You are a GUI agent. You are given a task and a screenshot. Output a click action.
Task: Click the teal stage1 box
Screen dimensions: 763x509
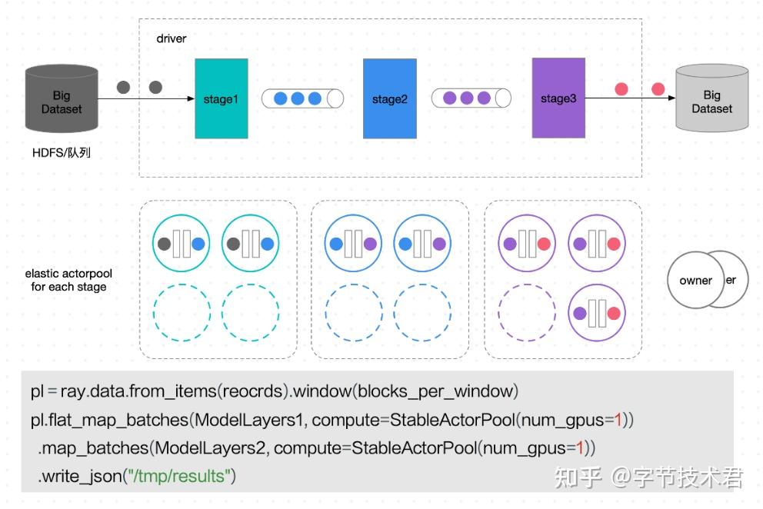click(x=222, y=98)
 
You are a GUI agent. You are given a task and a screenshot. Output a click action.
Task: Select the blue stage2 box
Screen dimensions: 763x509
click(x=390, y=98)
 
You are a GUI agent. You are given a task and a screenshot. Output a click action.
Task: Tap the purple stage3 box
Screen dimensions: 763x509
click(x=558, y=98)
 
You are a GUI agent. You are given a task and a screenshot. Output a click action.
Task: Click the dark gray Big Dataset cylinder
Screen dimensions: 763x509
click(x=62, y=98)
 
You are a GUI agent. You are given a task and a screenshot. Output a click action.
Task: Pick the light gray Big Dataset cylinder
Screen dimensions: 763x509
click(x=712, y=98)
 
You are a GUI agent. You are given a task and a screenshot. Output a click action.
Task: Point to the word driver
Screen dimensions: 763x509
click(x=172, y=38)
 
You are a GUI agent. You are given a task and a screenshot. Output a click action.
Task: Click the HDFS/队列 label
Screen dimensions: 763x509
click(x=62, y=153)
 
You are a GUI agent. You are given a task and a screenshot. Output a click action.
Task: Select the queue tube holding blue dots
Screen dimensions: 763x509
click(x=303, y=98)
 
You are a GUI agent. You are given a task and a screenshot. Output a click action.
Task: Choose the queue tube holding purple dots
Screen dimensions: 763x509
click(x=471, y=98)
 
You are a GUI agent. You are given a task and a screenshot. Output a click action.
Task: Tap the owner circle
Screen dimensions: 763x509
click(x=696, y=281)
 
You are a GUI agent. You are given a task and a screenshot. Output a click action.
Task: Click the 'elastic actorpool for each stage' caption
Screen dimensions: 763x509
click(x=68, y=280)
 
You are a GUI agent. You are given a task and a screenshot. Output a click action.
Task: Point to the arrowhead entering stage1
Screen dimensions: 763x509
click(x=192, y=98)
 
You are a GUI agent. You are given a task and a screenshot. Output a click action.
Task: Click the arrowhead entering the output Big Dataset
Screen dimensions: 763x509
click(x=672, y=98)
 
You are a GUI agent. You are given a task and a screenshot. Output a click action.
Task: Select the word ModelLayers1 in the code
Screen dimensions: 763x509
click(x=248, y=420)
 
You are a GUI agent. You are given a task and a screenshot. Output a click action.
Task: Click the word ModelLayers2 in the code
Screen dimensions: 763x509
click(x=210, y=447)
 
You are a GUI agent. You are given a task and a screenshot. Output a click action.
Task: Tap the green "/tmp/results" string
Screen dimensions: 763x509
click(x=178, y=476)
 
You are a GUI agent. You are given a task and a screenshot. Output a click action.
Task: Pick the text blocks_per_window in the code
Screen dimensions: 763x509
click(x=435, y=391)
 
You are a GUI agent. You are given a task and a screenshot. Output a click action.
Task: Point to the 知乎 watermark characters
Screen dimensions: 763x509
click(x=578, y=477)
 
